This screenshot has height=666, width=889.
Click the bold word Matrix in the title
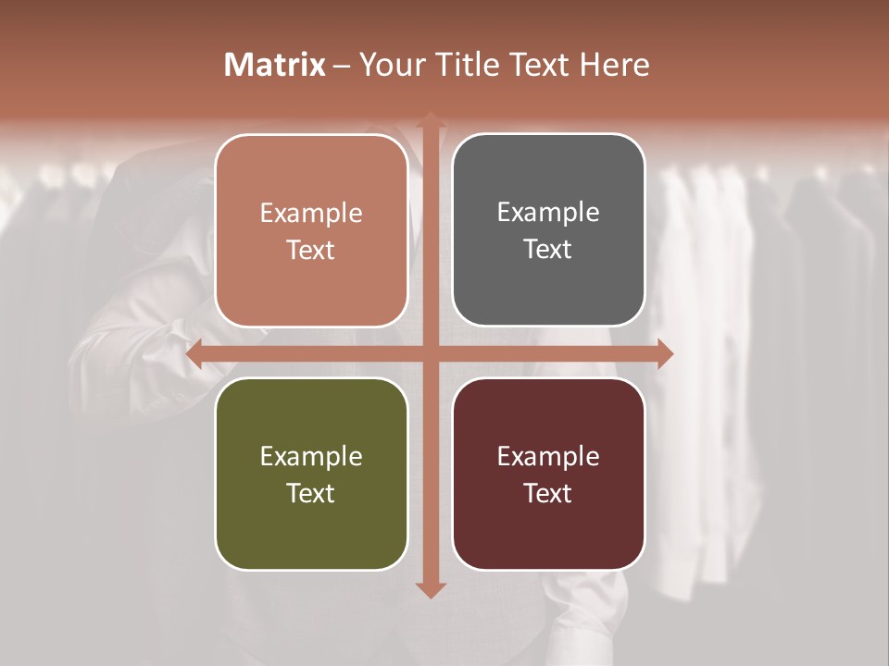pyautogui.click(x=275, y=65)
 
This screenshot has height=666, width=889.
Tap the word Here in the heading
pyautogui.click(x=615, y=65)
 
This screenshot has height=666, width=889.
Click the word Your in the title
pyautogui.click(x=391, y=65)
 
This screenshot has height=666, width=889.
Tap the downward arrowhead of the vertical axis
pyautogui.click(x=430, y=589)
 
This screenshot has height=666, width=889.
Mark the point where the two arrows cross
pyautogui.click(x=430, y=353)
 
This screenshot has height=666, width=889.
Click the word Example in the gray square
pyautogui.click(x=548, y=213)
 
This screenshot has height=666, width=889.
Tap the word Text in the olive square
pyautogui.click(x=311, y=493)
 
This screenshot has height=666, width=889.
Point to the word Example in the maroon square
pyautogui.click(x=548, y=456)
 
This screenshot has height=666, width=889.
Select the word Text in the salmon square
pyautogui.click(x=311, y=250)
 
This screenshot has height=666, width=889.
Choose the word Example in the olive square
pyautogui.click(x=311, y=456)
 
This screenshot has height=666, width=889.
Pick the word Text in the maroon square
pyautogui.click(x=548, y=493)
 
